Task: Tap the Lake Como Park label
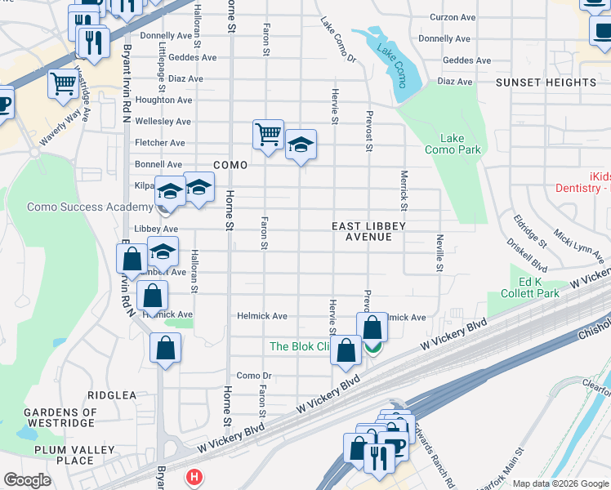pyautogui.click(x=453, y=144)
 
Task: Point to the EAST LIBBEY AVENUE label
pyautogui.click(x=368, y=231)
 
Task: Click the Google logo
pyautogui.click(x=27, y=479)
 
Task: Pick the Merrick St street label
pyautogui.click(x=404, y=189)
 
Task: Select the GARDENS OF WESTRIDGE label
pyautogui.click(x=61, y=418)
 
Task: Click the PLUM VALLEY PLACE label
pyautogui.click(x=64, y=455)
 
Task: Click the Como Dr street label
pyautogui.click(x=253, y=376)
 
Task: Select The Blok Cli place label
pyautogui.click(x=299, y=346)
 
